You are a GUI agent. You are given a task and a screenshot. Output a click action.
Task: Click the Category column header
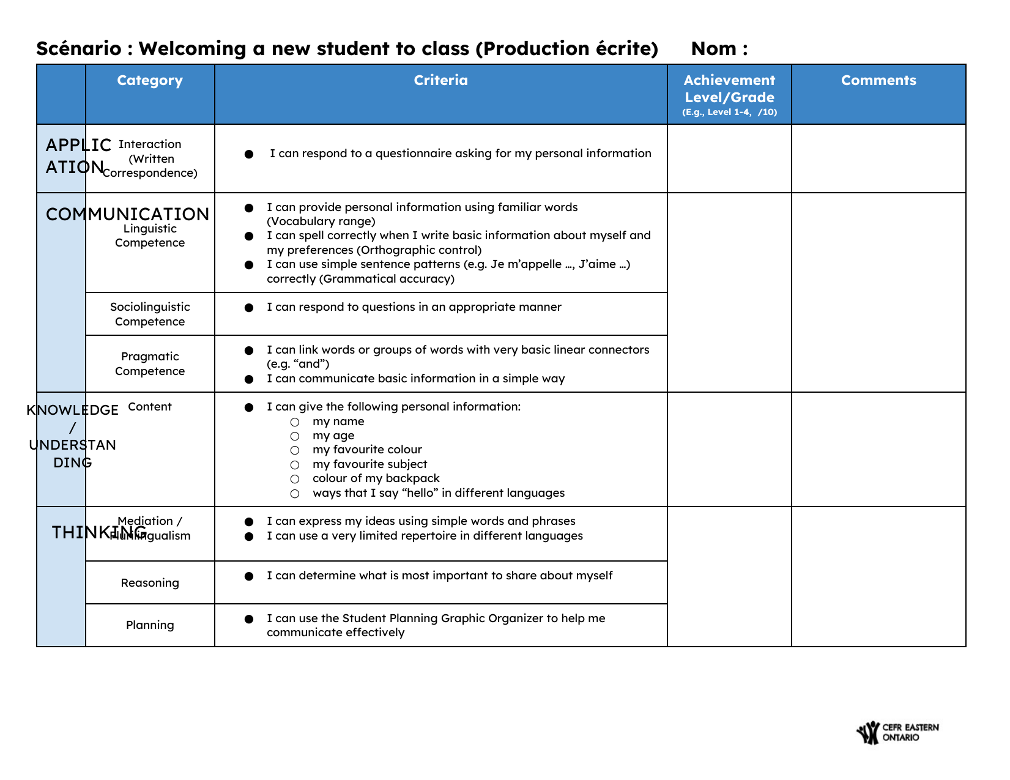[150, 81]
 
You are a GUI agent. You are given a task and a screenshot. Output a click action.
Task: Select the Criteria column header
[440, 81]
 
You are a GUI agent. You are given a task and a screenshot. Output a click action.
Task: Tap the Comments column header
[878, 81]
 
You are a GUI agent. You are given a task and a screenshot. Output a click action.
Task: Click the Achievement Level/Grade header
[729, 89]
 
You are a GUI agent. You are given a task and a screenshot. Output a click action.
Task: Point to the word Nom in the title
[713, 48]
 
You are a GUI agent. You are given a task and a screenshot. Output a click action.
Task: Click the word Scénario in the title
[79, 48]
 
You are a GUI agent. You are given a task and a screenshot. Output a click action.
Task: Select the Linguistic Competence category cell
[150, 236]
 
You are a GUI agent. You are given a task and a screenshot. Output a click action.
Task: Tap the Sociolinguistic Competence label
[150, 314]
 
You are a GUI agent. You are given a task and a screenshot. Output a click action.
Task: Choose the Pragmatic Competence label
[150, 363]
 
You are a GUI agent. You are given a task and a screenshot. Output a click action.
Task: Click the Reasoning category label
[150, 582]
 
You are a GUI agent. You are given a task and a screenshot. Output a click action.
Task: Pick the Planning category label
[150, 625]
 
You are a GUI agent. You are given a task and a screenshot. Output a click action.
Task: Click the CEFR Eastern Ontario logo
[897, 732]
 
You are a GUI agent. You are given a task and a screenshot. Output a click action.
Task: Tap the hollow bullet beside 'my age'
[295, 436]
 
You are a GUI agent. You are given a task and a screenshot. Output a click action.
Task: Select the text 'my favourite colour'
[367, 450]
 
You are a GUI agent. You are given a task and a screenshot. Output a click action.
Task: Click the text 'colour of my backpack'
[376, 478]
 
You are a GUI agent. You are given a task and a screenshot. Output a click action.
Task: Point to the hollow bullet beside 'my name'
[295, 422]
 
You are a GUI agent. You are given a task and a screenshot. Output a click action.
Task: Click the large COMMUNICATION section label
[127, 214]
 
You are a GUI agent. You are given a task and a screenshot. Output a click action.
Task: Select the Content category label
[150, 407]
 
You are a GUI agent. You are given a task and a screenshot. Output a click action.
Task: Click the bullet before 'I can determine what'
[249, 576]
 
